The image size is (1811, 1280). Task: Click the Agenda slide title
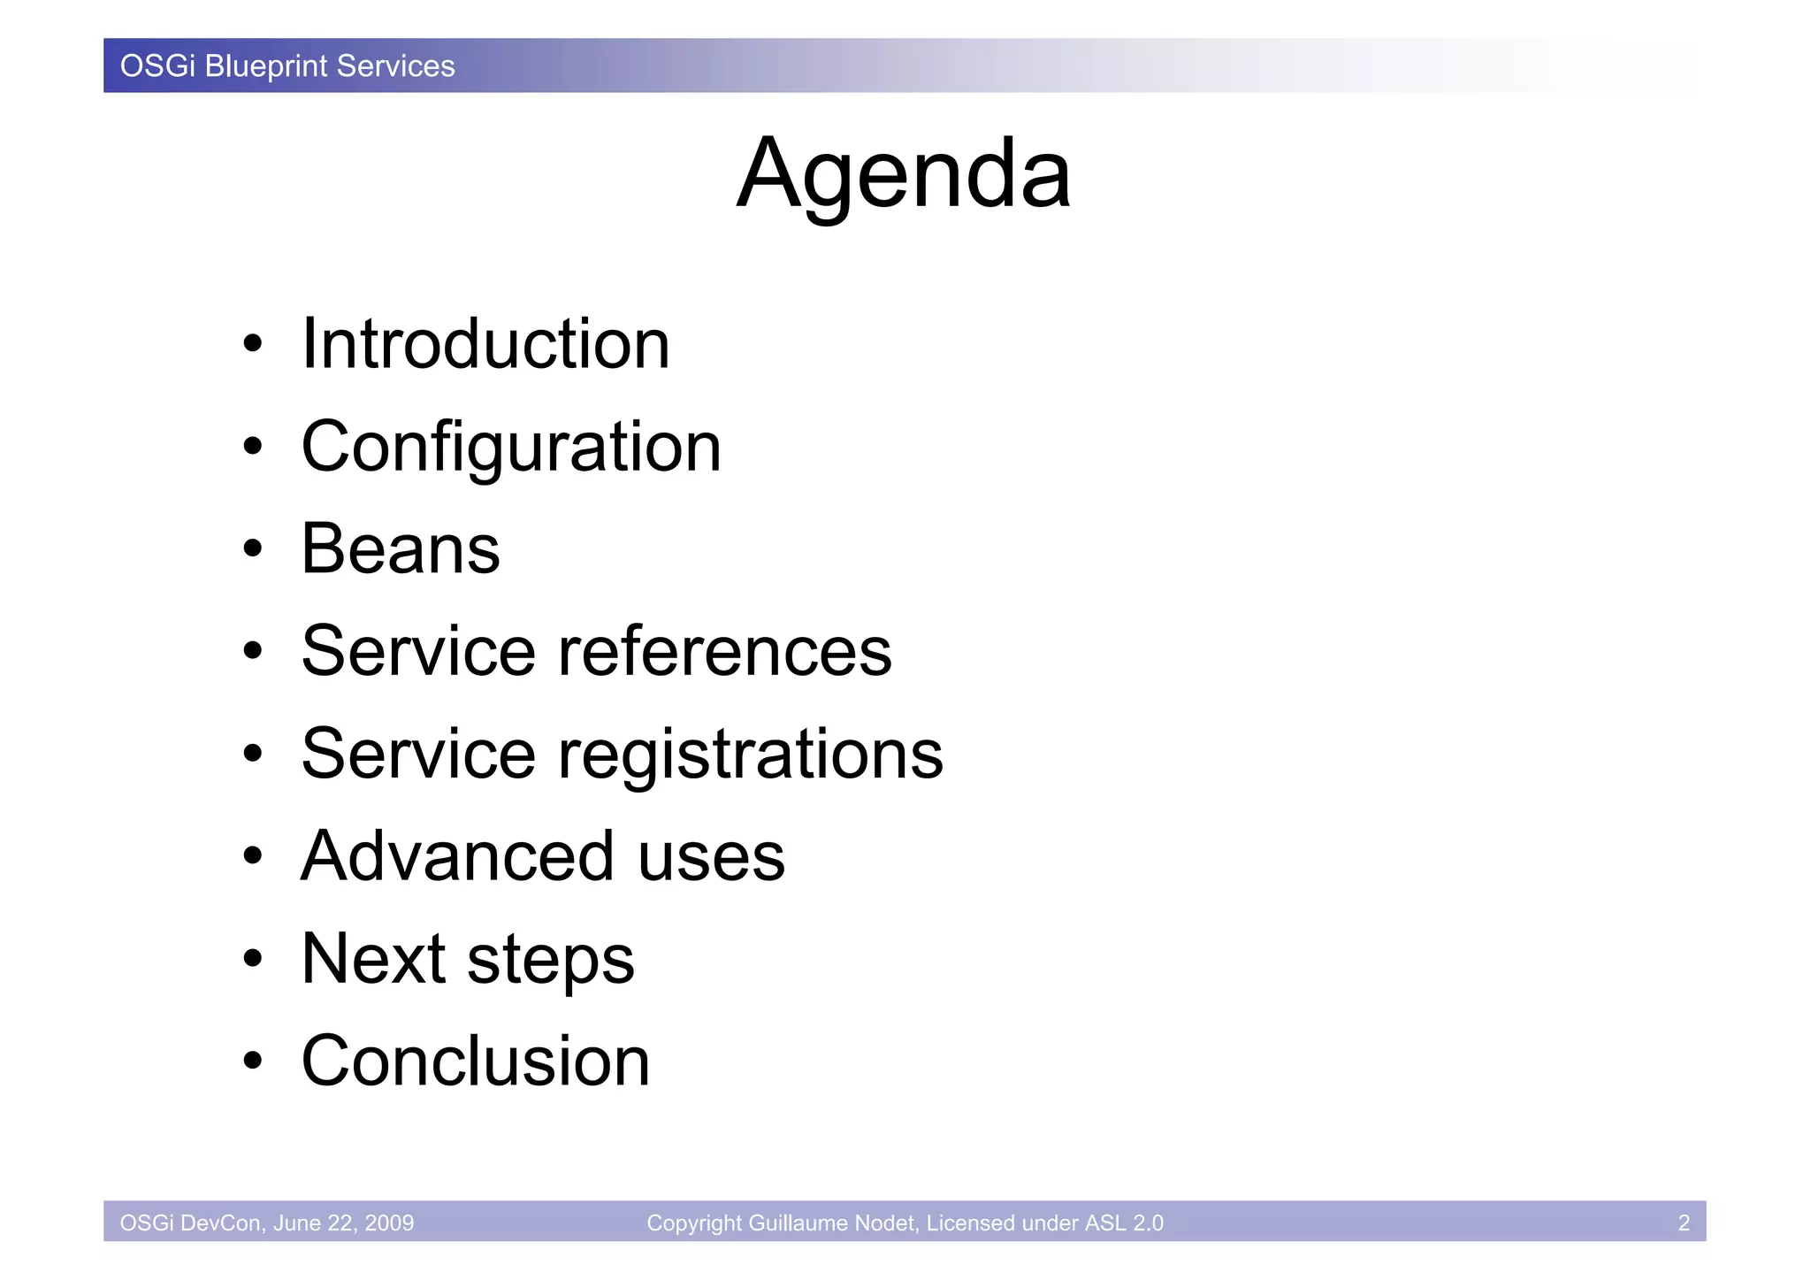pyautogui.click(x=904, y=174)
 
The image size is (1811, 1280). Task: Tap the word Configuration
pyautogui.click(x=511, y=447)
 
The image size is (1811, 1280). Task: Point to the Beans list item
pyautogui.click(x=401, y=548)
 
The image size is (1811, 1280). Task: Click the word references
pyautogui.click(x=724, y=651)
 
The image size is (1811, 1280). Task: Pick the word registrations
pyautogui.click(x=750, y=754)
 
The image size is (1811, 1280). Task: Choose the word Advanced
pyautogui.click(x=457, y=856)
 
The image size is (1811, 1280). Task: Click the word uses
pyautogui.click(x=711, y=856)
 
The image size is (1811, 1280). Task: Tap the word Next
pyautogui.click(x=373, y=959)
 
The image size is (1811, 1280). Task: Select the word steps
pyautogui.click(x=550, y=961)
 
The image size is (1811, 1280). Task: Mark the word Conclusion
pyautogui.click(x=476, y=1061)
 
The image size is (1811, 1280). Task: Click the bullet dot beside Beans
pyautogui.click(x=253, y=549)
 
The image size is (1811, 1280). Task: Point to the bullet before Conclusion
pyautogui.click(x=253, y=1061)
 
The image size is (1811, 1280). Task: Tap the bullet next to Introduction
pyautogui.click(x=253, y=344)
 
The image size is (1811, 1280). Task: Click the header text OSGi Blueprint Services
pyautogui.click(x=287, y=66)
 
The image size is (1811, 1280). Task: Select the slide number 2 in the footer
pyautogui.click(x=1684, y=1223)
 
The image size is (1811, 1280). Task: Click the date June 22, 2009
pyautogui.click(x=344, y=1223)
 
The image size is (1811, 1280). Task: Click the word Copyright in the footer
pyautogui.click(x=694, y=1223)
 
